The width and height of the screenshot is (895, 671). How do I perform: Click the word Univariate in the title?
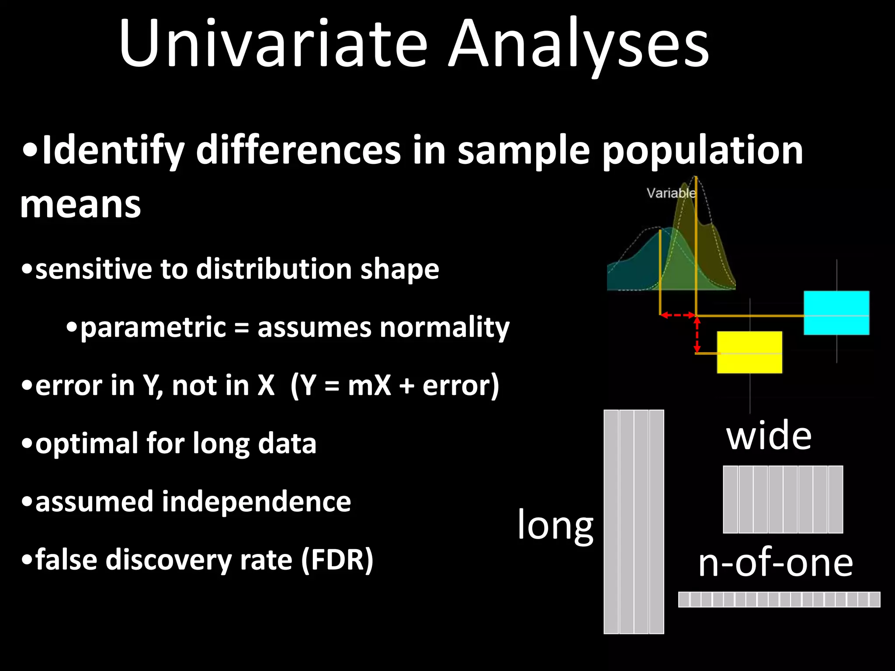tap(273, 44)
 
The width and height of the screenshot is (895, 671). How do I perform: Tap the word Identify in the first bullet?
tap(114, 151)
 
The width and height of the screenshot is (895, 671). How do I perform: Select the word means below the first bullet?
tap(80, 205)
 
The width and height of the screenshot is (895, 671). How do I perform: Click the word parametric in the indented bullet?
tap(153, 328)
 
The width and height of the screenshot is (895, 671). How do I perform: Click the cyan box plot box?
tap(836, 313)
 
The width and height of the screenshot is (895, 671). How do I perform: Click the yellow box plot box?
tap(749, 352)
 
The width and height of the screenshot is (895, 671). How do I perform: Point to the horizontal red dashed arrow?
tap(678, 315)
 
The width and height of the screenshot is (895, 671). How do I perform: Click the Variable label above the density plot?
tap(671, 193)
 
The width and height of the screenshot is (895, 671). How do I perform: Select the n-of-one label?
tap(775, 563)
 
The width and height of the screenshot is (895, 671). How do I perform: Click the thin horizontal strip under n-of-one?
tap(779, 599)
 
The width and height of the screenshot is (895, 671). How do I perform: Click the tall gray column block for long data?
tap(634, 522)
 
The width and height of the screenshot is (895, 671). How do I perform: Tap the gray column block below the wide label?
tap(783, 499)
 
